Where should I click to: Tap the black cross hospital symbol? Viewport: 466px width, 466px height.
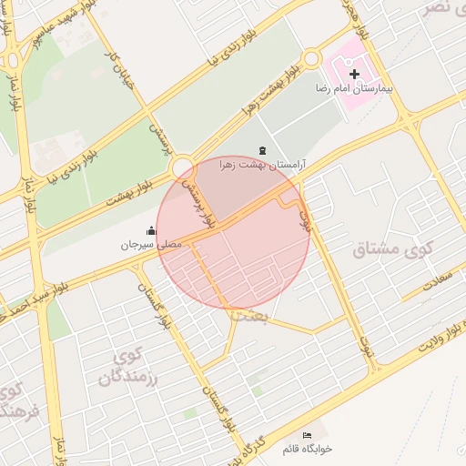pos(354,72)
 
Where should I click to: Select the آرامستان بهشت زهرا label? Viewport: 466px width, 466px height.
pos(263,166)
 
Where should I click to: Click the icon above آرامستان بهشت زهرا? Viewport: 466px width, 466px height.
pos(263,149)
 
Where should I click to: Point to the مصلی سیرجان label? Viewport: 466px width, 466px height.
pos(152,245)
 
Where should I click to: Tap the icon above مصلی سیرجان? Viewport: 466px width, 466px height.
pos(150,230)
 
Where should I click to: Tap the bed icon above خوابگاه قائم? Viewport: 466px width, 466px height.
pos(307,435)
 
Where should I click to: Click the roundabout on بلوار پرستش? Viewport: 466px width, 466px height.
pos(182,167)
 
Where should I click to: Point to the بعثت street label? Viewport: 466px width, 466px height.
pos(252,314)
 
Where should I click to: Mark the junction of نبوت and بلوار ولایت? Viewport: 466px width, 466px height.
pos(372,369)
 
